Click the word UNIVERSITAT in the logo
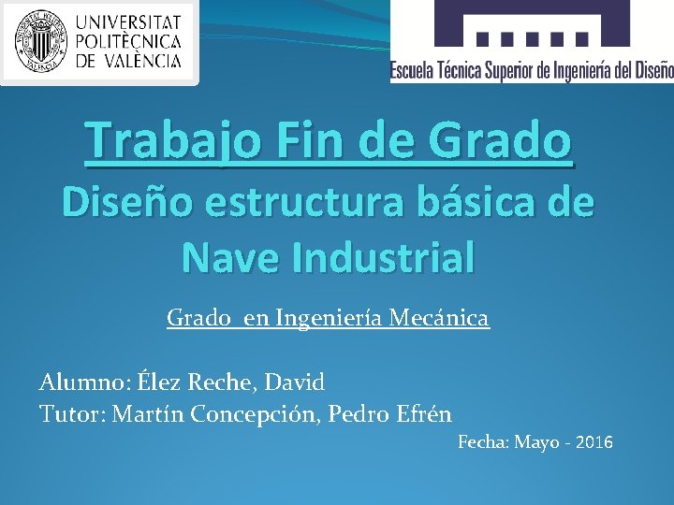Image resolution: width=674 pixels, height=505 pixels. (x=128, y=21)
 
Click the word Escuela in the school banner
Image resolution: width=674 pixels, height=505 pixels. (x=415, y=70)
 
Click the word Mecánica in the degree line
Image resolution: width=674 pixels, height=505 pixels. (x=444, y=319)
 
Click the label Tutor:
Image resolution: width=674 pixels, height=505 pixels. (x=71, y=413)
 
